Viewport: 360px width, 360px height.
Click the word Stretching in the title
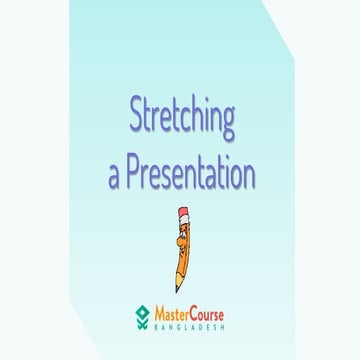pyautogui.click(x=181, y=118)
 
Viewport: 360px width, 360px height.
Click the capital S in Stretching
pyautogui.click(x=136, y=116)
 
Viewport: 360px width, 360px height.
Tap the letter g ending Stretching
pyautogui.click(x=226, y=123)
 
